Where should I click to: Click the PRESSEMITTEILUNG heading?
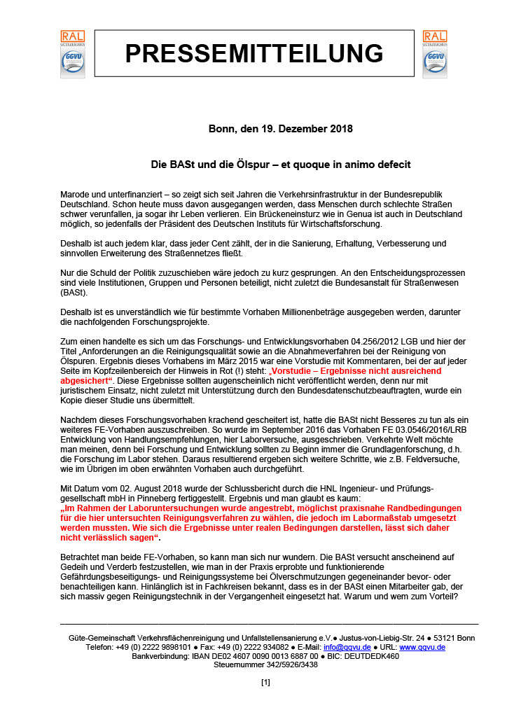253,53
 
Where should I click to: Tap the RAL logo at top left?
72,53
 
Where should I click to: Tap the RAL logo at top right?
434,53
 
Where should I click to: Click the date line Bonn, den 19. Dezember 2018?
270,129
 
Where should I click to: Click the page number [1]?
265,682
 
